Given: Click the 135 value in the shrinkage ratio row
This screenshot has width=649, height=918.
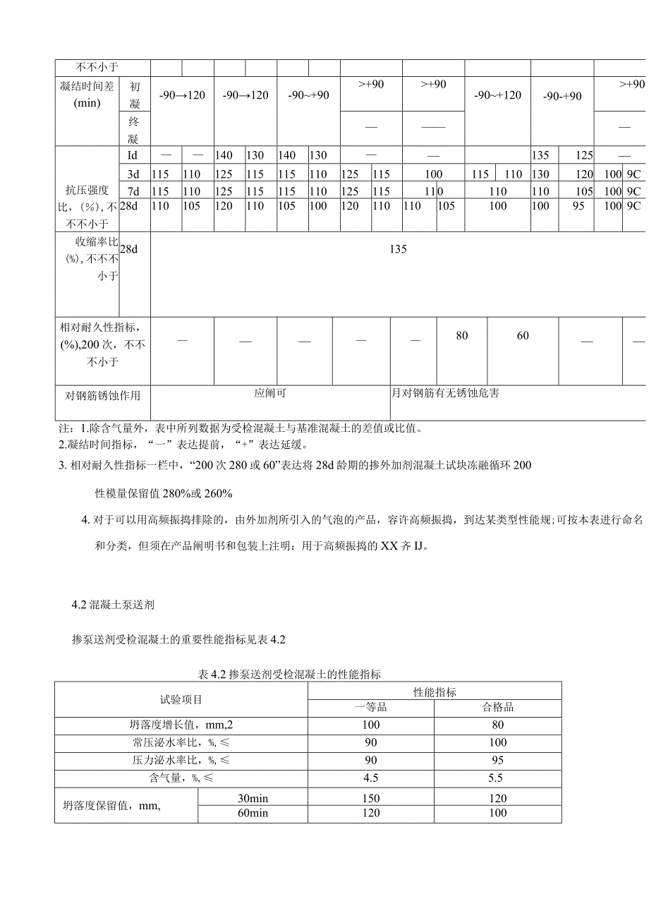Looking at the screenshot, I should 398,249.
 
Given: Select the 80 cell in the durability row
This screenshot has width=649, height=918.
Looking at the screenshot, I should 461,336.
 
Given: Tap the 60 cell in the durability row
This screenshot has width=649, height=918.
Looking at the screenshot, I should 523,336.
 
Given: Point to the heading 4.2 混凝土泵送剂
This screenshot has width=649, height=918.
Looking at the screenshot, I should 113,605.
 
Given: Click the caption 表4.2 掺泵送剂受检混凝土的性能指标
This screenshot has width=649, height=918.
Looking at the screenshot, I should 290,675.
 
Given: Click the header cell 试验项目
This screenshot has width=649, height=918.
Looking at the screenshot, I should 181,699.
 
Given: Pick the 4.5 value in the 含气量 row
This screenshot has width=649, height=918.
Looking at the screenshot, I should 370,778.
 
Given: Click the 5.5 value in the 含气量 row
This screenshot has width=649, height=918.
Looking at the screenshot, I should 497,778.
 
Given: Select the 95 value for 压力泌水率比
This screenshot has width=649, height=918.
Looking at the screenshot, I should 497,760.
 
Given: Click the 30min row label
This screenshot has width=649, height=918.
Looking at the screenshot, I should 253,798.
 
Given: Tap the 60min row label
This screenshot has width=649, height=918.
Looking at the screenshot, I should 253,813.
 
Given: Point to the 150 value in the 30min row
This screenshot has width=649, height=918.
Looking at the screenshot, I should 370,798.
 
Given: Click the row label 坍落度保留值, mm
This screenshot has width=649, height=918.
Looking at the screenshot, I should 112,805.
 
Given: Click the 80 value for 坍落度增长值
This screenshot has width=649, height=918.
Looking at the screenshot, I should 497,725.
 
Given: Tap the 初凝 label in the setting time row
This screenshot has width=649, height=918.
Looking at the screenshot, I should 134,95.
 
